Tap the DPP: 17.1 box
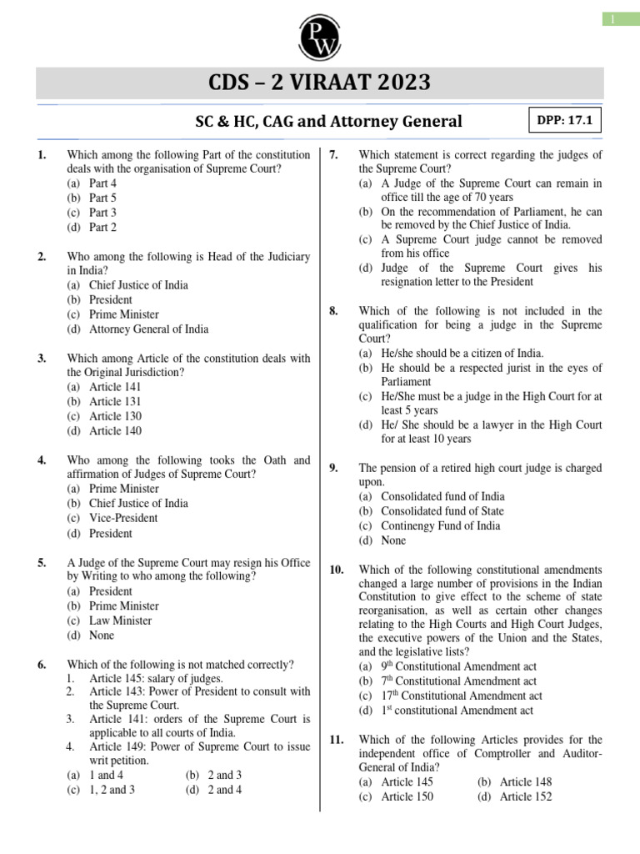click(x=564, y=120)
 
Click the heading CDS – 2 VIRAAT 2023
click(x=320, y=83)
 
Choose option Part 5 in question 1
click(x=102, y=198)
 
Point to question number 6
click(x=42, y=665)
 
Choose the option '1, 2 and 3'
click(x=112, y=790)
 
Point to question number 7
click(x=333, y=154)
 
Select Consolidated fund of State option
click(x=442, y=510)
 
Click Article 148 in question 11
click(x=525, y=781)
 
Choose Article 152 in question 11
click(x=525, y=796)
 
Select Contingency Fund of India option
click(x=440, y=525)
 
